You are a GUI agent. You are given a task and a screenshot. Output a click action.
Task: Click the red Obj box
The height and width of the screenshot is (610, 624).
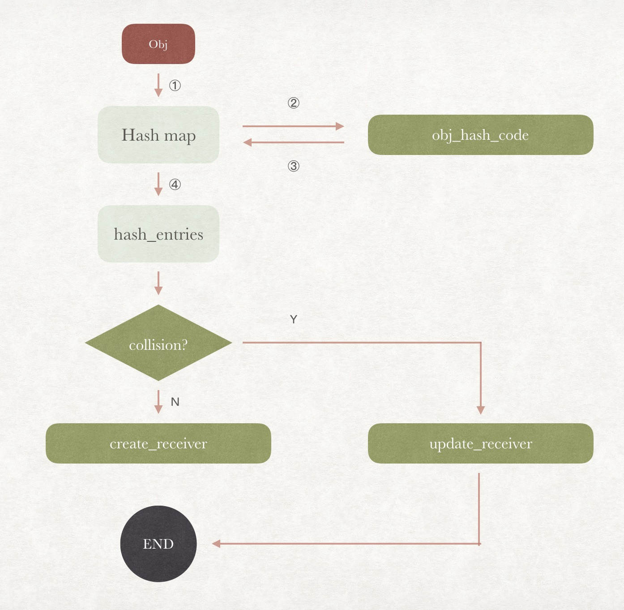click(158, 44)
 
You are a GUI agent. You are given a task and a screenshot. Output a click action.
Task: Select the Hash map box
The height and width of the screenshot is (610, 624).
click(158, 135)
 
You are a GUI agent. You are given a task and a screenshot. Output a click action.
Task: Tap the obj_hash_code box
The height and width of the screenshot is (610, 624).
click(480, 135)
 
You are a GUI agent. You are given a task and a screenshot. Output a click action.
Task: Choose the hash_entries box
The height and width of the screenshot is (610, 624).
click(158, 234)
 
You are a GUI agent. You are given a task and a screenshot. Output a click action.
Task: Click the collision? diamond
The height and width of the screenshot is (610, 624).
click(158, 344)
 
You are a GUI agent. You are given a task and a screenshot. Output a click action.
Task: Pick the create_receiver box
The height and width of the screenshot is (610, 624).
click(158, 443)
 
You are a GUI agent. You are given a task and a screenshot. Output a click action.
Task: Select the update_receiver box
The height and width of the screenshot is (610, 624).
click(480, 443)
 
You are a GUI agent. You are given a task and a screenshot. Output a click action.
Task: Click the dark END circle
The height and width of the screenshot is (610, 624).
click(158, 544)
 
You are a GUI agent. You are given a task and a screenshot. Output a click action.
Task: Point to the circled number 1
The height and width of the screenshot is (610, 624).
click(175, 86)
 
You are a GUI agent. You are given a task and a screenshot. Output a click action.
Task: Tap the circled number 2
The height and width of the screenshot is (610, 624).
click(293, 103)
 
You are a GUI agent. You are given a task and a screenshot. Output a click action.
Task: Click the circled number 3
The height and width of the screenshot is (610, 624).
click(293, 166)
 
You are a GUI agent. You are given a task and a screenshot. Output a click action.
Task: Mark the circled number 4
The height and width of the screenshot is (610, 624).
click(175, 185)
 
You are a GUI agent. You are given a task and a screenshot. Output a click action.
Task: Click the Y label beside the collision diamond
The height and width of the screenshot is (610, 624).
click(294, 319)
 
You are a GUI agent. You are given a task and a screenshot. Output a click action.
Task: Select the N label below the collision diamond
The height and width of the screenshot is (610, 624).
click(175, 402)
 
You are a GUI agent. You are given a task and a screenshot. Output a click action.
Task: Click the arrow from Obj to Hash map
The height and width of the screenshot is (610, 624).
click(158, 85)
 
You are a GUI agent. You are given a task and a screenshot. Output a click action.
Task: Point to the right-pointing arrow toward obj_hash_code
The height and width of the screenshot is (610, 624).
click(293, 126)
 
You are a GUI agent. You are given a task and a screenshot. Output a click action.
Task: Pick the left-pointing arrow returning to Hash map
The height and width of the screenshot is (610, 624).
click(293, 142)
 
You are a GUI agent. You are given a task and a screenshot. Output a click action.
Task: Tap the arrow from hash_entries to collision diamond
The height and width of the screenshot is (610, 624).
click(158, 283)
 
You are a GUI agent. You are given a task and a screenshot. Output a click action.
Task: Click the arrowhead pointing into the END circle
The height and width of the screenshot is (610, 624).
click(217, 544)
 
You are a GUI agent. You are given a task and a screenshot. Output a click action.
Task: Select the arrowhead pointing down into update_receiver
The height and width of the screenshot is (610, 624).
click(481, 410)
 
